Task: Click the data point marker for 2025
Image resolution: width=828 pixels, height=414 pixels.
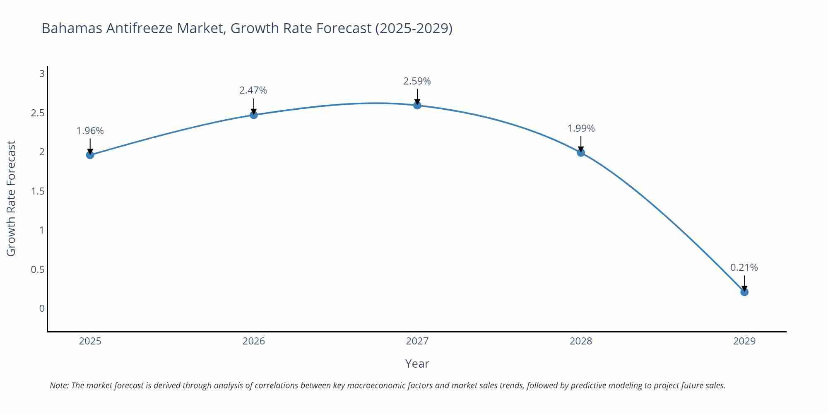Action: pyautogui.click(x=90, y=155)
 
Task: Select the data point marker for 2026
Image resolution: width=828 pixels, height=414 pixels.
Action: pyautogui.click(x=254, y=115)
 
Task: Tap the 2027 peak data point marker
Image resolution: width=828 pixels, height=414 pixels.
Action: pyautogui.click(x=417, y=105)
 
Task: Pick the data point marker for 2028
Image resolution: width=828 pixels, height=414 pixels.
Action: pyautogui.click(x=581, y=152)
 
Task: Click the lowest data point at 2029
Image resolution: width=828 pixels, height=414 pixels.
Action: pyautogui.click(x=744, y=292)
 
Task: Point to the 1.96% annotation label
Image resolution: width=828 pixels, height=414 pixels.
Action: pyautogui.click(x=90, y=131)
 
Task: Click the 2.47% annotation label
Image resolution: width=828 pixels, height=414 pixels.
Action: pyautogui.click(x=253, y=90)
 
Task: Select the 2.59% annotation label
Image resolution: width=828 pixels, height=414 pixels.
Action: pyautogui.click(x=417, y=81)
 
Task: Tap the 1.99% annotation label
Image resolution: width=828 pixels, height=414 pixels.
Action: pyautogui.click(x=581, y=128)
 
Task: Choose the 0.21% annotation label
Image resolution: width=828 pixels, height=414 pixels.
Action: pyautogui.click(x=744, y=267)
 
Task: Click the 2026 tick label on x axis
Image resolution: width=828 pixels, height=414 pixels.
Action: pyautogui.click(x=253, y=341)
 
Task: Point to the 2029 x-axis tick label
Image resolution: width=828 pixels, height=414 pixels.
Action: pyautogui.click(x=744, y=341)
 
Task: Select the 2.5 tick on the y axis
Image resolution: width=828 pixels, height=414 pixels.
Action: pyautogui.click(x=38, y=113)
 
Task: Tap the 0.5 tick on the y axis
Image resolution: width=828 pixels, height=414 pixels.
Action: pyautogui.click(x=38, y=270)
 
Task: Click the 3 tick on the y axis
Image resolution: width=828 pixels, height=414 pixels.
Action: pyautogui.click(x=41, y=74)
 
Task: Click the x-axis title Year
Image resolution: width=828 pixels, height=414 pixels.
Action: pyautogui.click(x=417, y=363)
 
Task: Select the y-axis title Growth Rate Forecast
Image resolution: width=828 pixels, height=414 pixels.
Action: pyautogui.click(x=11, y=198)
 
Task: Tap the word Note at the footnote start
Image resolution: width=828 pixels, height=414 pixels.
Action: pyautogui.click(x=59, y=385)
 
